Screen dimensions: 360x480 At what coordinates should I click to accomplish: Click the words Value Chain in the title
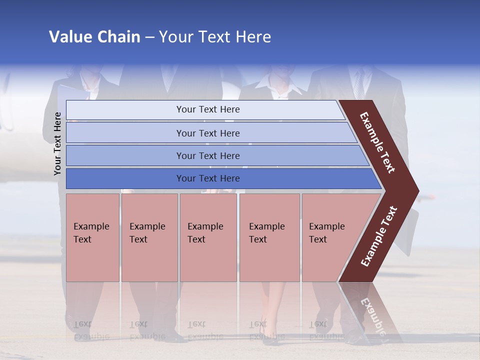94,37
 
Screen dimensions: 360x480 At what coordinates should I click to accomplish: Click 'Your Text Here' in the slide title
215,37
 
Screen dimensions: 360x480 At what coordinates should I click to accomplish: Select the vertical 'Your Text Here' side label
57,143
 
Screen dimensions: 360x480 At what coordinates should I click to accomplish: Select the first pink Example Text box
92,237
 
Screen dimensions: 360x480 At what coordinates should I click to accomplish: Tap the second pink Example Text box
149,237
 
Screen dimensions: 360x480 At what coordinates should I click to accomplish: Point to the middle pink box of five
208,237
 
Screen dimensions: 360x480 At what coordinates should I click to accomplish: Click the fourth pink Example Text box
269,237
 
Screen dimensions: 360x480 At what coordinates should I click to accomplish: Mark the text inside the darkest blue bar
208,178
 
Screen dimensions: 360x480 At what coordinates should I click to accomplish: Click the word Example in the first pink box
91,226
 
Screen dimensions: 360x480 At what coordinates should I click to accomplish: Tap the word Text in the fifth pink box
318,239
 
